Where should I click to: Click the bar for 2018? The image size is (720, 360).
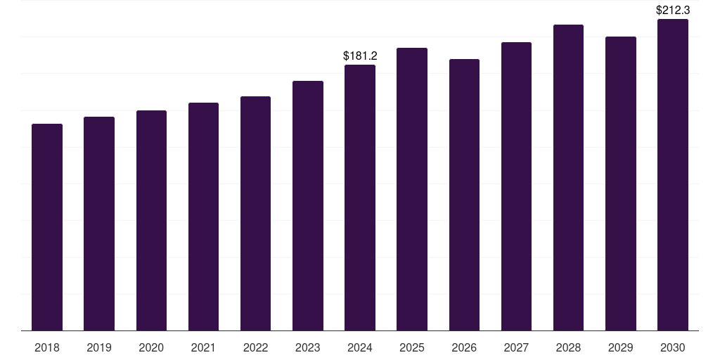(47, 227)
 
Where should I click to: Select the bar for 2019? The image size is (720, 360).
(99, 224)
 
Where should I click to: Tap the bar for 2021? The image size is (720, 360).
(203, 217)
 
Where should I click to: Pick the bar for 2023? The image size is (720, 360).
(308, 206)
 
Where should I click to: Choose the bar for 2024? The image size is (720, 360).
(360, 198)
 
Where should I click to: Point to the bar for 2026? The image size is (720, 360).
(464, 195)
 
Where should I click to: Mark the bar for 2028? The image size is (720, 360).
(568, 178)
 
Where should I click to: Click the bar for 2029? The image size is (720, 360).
(621, 184)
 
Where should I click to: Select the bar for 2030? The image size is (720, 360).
(673, 175)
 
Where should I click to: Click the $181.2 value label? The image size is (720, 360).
(360, 56)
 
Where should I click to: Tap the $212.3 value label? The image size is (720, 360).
(673, 10)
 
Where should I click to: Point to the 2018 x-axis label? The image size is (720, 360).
(47, 347)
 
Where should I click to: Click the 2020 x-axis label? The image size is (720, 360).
(151, 347)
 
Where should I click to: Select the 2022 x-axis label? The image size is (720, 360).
(255, 347)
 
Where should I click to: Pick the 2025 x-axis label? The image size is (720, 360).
(412, 347)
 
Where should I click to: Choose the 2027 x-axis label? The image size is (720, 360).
(516, 347)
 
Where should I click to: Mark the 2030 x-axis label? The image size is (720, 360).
(673, 347)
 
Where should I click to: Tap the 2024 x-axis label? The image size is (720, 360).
(360, 347)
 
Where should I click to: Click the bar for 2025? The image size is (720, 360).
(412, 189)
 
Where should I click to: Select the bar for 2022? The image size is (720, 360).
(255, 214)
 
